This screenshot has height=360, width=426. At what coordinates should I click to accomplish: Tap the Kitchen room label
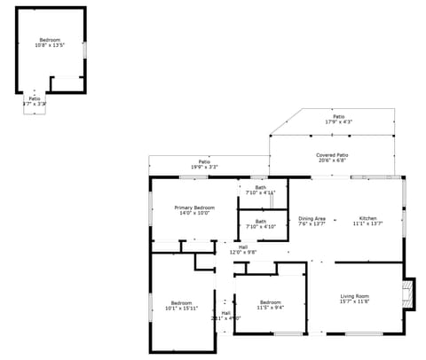367,218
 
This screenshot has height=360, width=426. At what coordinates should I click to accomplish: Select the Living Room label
355,296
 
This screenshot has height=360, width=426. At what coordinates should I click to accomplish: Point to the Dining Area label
312,218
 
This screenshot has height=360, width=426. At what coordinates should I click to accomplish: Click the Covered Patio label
332,155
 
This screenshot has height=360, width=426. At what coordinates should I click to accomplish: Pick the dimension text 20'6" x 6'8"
332,161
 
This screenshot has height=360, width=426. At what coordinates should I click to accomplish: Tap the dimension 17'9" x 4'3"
338,122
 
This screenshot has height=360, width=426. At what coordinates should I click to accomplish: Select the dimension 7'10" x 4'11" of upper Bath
261,192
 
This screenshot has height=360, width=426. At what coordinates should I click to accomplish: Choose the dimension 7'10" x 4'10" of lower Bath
261,227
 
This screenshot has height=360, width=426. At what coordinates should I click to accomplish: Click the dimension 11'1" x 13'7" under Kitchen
367,224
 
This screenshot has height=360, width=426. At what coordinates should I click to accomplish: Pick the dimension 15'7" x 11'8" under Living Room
355,302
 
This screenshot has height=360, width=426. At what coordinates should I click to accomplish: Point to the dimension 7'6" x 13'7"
312,224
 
